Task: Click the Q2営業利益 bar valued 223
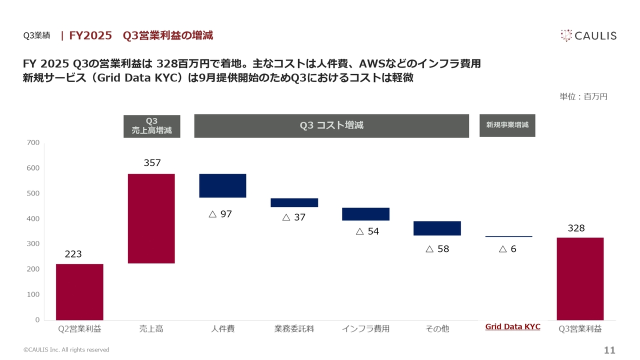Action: point(79,291)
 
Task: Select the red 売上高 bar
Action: point(151,218)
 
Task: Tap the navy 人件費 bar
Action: point(222,185)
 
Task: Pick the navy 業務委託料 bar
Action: point(294,202)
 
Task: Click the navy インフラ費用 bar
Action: point(365,214)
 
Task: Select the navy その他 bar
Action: point(437,228)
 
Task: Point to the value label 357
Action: point(152,163)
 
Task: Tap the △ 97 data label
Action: point(220,214)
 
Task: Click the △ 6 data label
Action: point(507,249)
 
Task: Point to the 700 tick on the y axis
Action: point(33,142)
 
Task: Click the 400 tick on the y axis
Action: point(33,218)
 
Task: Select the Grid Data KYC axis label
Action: point(512,327)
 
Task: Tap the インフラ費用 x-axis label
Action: point(365,328)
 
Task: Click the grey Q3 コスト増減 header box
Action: point(331,125)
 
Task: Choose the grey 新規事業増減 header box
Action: point(507,125)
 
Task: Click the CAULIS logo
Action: point(588,35)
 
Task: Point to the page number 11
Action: point(609,350)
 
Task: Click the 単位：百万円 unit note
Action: point(583,96)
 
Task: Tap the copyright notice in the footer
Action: point(66,350)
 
